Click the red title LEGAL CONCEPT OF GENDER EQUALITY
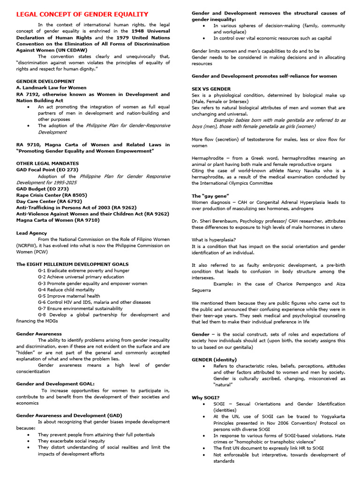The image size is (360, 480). tap(82, 15)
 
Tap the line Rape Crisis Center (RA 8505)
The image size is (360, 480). tap(52, 195)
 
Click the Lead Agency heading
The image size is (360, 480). tap(31, 233)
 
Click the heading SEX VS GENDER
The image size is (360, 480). tap(211, 89)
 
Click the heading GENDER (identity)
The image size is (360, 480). tap(214, 360)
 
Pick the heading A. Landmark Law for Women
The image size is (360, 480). tap(51, 87)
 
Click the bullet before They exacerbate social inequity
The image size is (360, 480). tap(29, 441)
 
